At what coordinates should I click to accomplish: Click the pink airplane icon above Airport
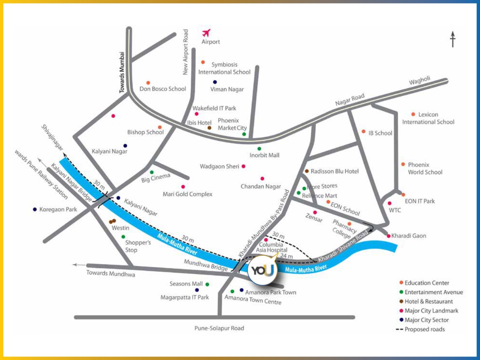[x=206, y=33]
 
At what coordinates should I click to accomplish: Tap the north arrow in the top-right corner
[x=452, y=39]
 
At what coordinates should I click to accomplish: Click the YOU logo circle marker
[x=262, y=270]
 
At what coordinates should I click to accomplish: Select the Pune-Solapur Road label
[x=219, y=328]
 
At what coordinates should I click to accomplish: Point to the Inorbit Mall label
[x=264, y=155]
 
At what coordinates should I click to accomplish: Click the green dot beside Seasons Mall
[x=207, y=284]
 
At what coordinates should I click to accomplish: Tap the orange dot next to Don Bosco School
[x=148, y=83]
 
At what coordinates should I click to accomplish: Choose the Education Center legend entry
[x=427, y=283]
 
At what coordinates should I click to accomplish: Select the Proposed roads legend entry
[x=424, y=329]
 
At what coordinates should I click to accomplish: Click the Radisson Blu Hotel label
[x=334, y=172]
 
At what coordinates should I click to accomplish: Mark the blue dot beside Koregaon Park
[x=35, y=209]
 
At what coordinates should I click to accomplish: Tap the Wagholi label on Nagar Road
[x=420, y=81]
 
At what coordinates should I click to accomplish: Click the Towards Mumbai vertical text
[x=122, y=72]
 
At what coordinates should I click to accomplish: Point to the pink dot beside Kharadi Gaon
[x=388, y=236]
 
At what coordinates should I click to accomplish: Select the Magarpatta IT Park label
[x=185, y=297]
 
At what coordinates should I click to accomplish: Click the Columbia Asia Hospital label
[x=271, y=247]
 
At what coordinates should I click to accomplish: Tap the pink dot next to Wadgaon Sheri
[x=244, y=166]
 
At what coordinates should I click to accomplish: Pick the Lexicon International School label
[x=428, y=118]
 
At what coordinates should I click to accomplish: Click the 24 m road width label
[x=286, y=256]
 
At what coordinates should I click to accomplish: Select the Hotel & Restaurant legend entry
[x=428, y=301]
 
